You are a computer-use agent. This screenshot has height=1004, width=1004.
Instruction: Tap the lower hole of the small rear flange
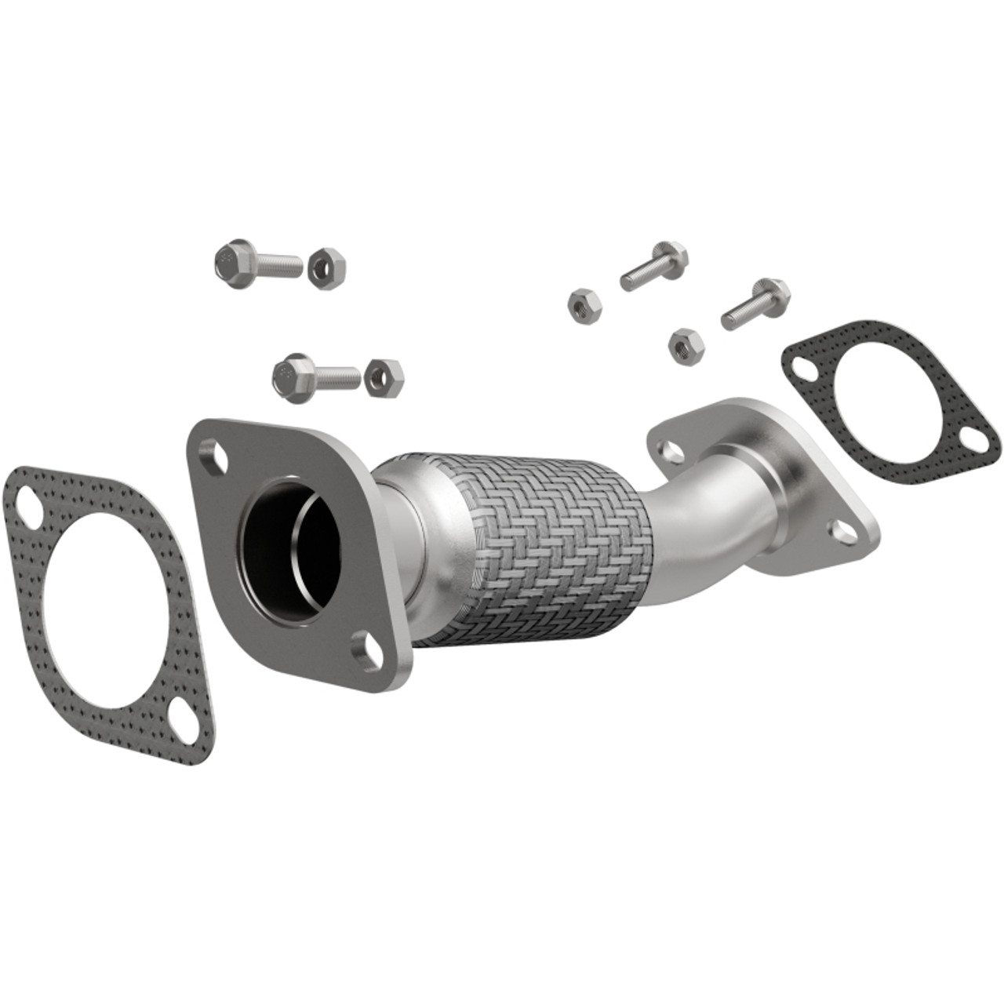point(844,529)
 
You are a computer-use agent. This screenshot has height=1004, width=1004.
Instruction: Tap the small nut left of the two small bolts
point(582,302)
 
